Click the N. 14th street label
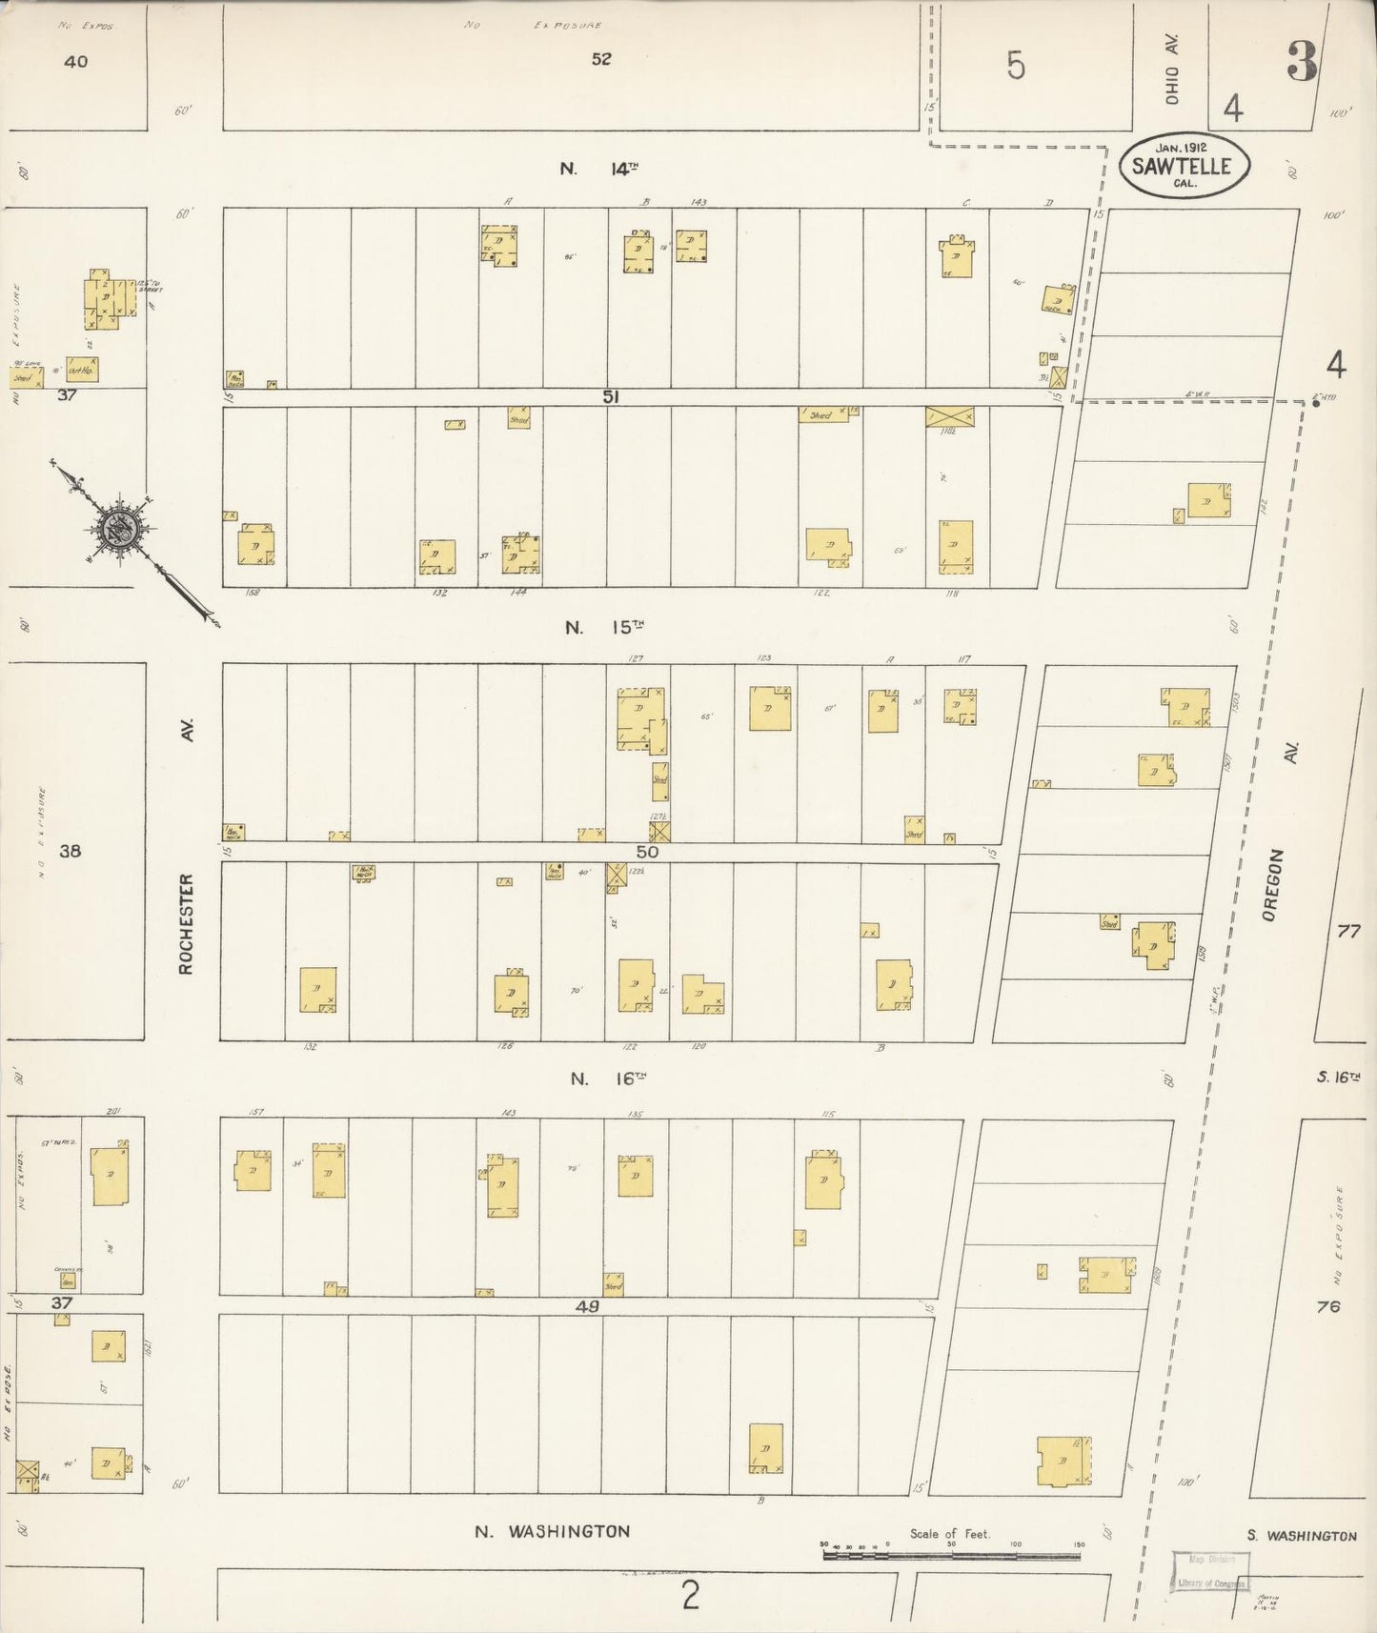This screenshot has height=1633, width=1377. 598,169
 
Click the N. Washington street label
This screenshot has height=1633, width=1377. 553,1531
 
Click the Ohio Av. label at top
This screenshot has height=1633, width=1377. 1172,69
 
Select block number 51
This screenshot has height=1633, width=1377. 611,396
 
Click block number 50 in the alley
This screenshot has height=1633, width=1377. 647,852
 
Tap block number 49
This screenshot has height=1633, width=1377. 587,1306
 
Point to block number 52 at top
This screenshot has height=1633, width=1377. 600,59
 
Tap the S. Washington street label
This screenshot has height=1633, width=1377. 1301,1535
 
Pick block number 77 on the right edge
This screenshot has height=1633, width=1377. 1348,931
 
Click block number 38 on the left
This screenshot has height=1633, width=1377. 71,851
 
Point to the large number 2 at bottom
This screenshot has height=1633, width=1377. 691,1594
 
